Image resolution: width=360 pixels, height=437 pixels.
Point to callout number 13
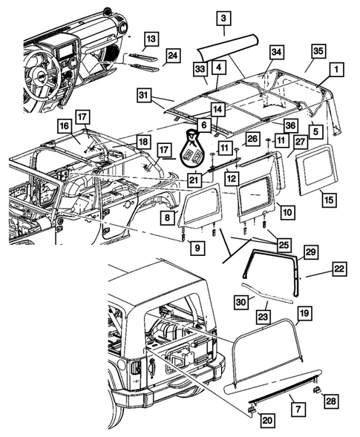[x=151, y=38]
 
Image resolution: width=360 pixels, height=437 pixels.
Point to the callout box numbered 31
[x=144, y=94]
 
